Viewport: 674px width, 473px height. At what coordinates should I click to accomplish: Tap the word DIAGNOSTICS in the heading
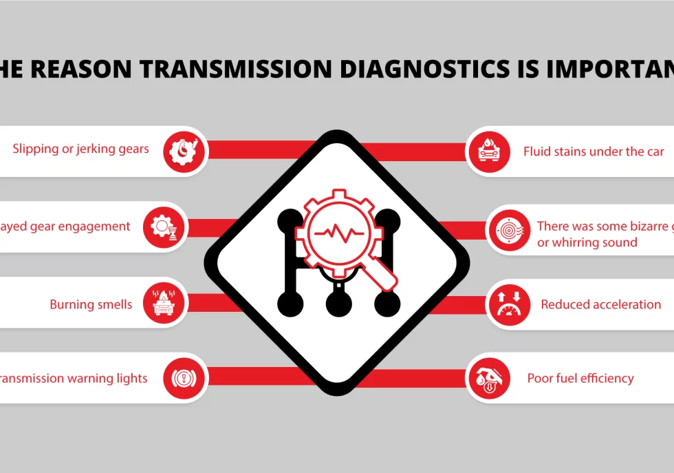[430, 69]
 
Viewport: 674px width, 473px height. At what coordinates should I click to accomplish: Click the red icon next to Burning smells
[165, 302]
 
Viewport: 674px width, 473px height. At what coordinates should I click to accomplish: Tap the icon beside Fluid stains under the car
[488, 151]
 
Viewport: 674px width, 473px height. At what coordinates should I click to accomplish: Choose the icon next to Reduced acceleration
[508, 304]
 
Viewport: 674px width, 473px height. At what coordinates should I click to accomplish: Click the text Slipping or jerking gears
[80, 149]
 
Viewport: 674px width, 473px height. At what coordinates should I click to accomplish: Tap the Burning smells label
[91, 304]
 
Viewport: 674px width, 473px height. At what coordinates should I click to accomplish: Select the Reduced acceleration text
[600, 304]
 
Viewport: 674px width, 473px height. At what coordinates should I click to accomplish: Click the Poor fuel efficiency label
[580, 378]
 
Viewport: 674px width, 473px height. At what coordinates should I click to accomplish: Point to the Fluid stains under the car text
[594, 151]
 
